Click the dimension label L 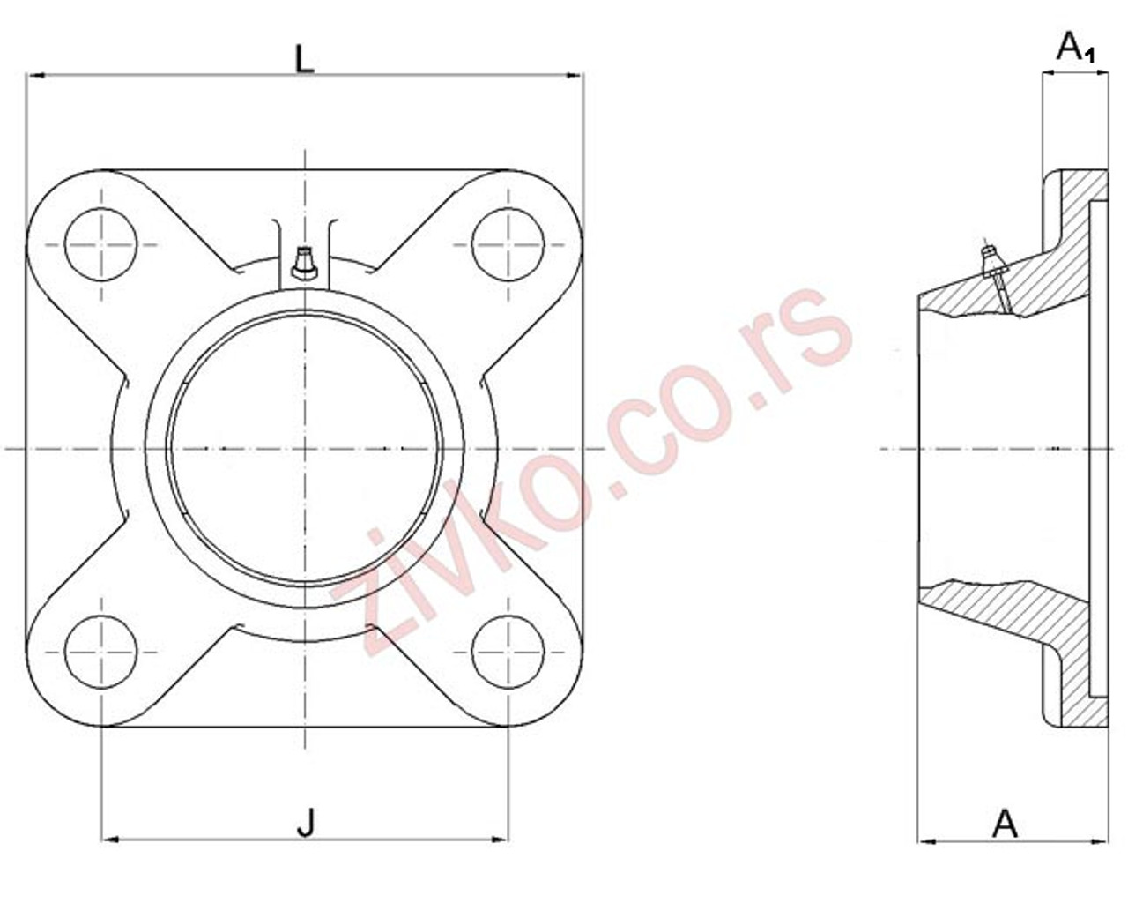click(304, 59)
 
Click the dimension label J click(305, 824)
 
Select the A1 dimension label click(1074, 48)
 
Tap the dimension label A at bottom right click(1005, 824)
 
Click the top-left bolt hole click(101, 244)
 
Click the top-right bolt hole click(508, 244)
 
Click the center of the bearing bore click(305, 449)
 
